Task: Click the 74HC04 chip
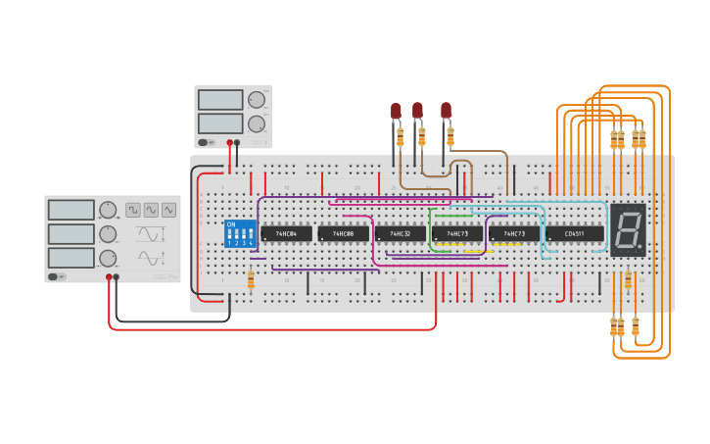click(x=286, y=234)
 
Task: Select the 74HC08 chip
click(x=343, y=234)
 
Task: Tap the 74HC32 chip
click(x=400, y=234)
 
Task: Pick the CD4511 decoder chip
click(x=575, y=234)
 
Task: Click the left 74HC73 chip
click(x=457, y=234)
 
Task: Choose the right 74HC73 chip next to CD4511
click(x=514, y=234)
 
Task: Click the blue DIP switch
click(x=240, y=233)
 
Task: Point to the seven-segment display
click(x=628, y=230)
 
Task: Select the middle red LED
click(x=417, y=110)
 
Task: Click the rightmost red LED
click(x=446, y=110)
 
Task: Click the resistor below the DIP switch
click(x=251, y=282)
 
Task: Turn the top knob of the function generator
click(x=108, y=210)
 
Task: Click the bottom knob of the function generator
click(x=108, y=259)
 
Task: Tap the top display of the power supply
click(x=220, y=100)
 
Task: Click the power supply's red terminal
click(x=230, y=143)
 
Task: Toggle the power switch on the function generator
click(x=58, y=276)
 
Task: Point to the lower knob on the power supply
click(x=257, y=123)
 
